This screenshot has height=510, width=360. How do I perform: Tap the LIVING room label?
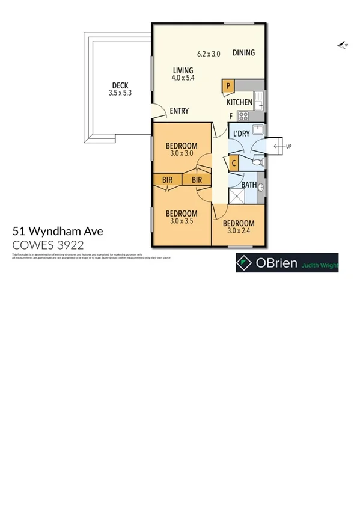point(183,70)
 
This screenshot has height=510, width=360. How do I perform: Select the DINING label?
point(243,53)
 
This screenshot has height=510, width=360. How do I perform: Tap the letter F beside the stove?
point(230,116)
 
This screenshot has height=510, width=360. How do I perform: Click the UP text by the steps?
point(288,146)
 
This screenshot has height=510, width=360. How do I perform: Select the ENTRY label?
point(179,111)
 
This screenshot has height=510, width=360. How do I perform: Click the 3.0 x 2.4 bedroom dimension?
point(239,232)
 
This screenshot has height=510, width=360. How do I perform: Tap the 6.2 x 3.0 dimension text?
point(209,54)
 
